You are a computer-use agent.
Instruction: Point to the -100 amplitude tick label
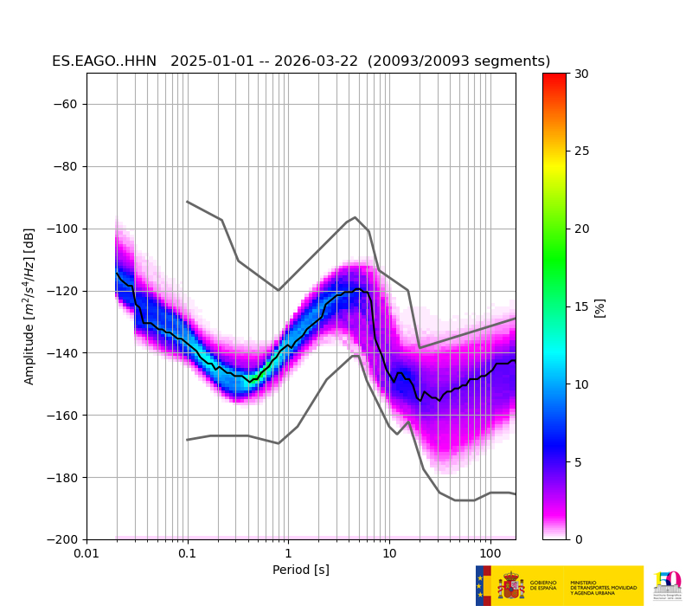62,229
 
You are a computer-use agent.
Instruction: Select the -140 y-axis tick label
62,353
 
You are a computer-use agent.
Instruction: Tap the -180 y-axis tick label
62,478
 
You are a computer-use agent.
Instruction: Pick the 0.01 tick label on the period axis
86,553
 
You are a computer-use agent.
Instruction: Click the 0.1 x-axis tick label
187,553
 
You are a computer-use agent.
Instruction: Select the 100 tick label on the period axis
490,553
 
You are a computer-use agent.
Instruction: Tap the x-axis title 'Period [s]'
301,570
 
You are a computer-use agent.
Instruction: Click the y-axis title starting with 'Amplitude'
29,306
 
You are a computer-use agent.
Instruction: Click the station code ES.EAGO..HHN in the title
106,61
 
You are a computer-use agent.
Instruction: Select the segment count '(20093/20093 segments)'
458,61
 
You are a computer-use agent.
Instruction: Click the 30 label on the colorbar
582,74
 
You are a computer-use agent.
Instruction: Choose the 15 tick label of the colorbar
582,306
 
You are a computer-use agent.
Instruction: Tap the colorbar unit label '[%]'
599,307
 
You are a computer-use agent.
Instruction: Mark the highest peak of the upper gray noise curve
355,217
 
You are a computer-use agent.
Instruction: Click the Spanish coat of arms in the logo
511,585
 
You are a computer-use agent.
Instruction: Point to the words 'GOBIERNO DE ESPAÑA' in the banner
543,585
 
